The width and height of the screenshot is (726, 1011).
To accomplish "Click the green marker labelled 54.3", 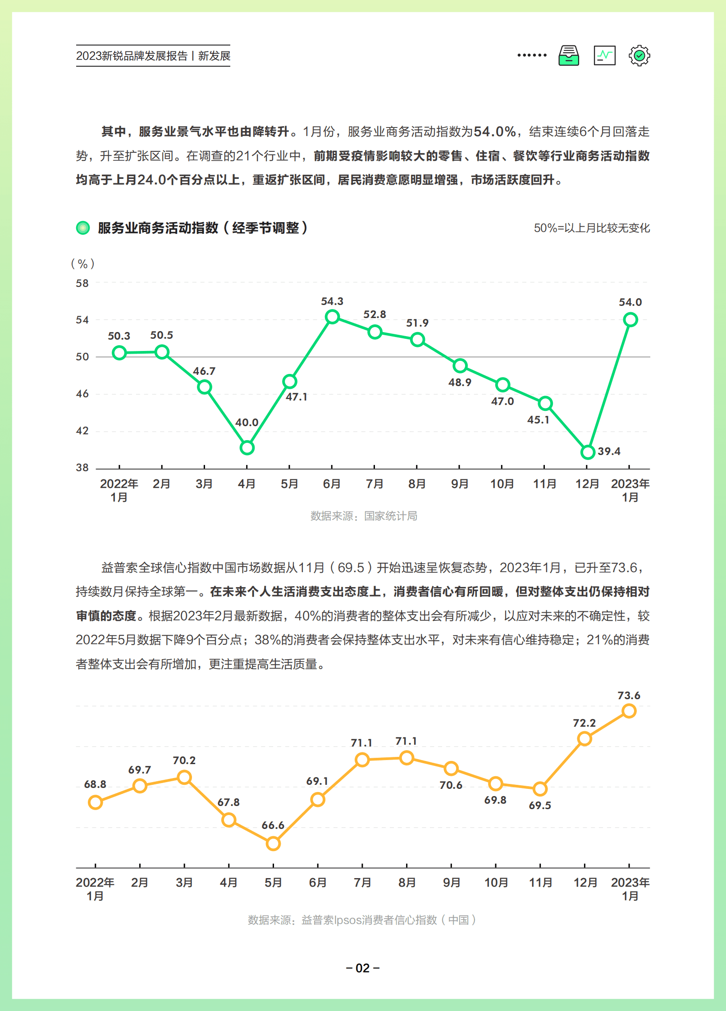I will pos(332,317).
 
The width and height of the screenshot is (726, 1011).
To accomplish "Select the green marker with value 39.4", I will pos(588,452).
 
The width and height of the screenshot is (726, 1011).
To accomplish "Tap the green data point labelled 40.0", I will pos(247,447).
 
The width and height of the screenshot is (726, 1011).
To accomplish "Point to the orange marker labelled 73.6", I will pos(629,711).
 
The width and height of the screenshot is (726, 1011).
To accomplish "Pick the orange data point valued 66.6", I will pos(273,843).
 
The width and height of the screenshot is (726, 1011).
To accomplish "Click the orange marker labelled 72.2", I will pos(584,738).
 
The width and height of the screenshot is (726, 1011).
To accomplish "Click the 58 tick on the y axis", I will pos(82,283).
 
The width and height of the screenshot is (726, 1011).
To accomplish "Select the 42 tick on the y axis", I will pos(82,431).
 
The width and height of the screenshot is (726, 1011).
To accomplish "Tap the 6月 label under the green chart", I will pos(332,484).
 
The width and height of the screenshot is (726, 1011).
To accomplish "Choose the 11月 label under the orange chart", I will pos(540,882).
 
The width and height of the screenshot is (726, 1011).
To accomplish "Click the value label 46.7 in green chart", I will pos(204,371).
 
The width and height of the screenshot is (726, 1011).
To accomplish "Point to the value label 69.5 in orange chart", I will pos(540,805).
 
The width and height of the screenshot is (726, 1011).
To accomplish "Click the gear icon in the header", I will pos(639,56).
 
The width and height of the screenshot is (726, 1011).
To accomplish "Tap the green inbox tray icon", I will pos(569,56).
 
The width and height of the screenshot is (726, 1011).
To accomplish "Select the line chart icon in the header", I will pos(604,56).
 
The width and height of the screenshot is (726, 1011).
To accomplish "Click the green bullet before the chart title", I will pos(83,228).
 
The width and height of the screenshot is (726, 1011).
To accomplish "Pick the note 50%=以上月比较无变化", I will pos(592,228).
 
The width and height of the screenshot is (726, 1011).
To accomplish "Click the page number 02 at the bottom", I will pos(363,968).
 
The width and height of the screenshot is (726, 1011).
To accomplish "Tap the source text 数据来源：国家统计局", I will pos(364,516).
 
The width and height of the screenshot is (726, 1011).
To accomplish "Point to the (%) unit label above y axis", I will pos(83,264).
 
